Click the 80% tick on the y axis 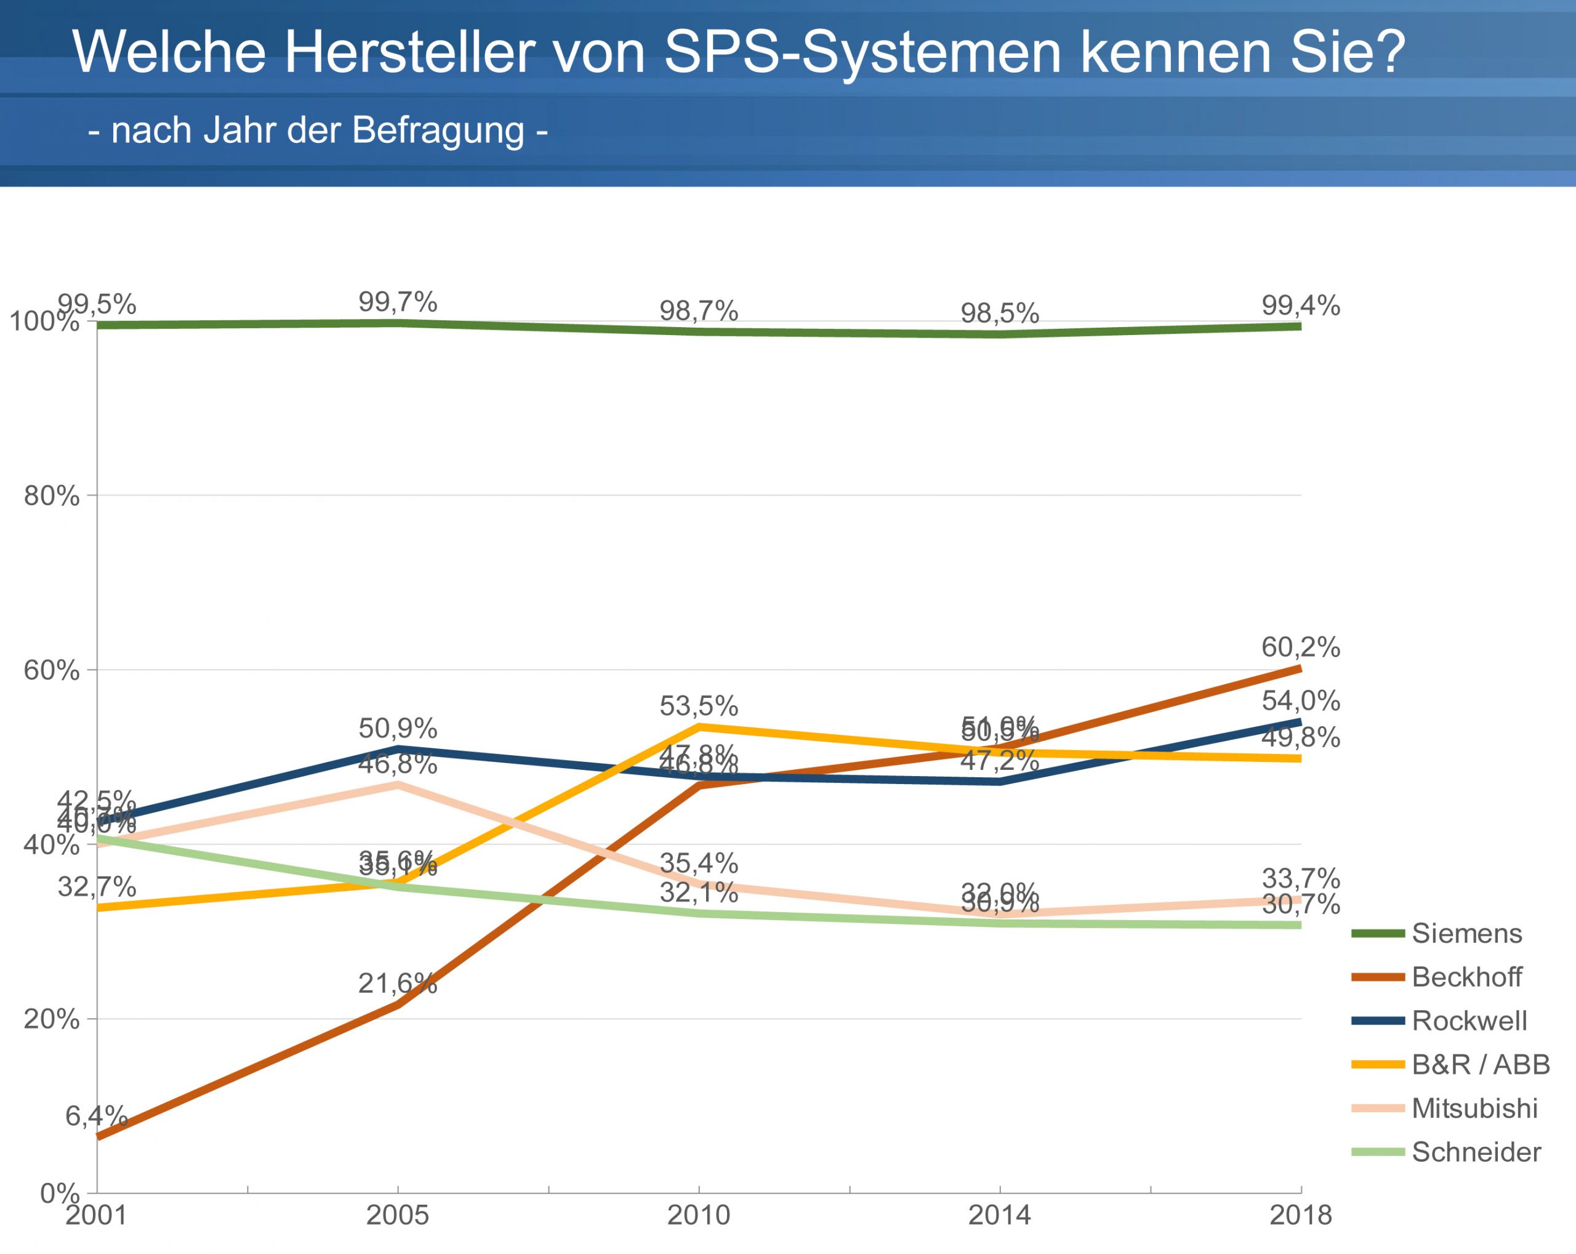[51, 496]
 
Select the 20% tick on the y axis [51, 1019]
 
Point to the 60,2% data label [1300, 647]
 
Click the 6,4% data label [97, 1117]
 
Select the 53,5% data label [699, 706]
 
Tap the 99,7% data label [398, 302]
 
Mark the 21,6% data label [397, 984]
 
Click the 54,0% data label [1300, 701]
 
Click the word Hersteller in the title [409, 52]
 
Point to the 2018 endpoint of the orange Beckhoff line [1300, 668]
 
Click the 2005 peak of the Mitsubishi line [398, 785]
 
